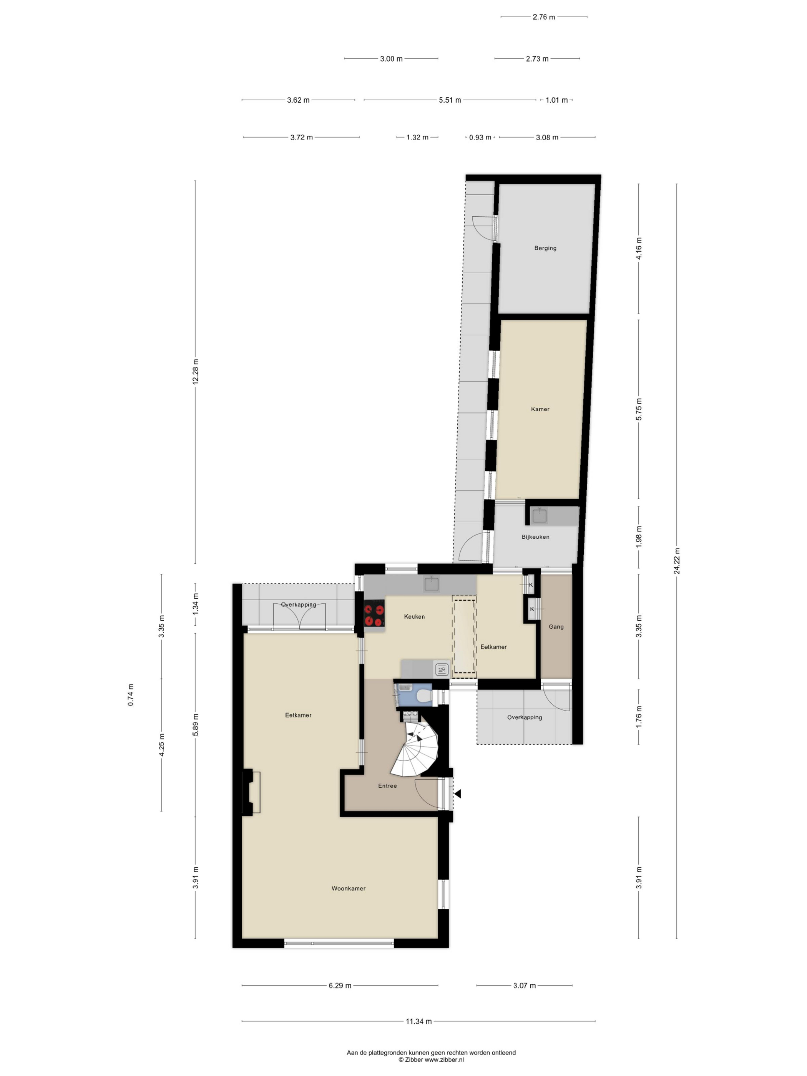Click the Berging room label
click(545, 248)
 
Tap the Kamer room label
click(540, 409)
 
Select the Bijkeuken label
click(535, 537)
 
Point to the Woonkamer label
click(348, 888)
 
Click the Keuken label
click(414, 616)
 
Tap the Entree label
click(387, 785)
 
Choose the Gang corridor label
click(556, 626)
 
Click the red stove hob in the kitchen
click(374, 614)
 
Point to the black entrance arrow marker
click(457, 794)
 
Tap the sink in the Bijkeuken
click(540, 516)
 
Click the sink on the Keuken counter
click(432, 584)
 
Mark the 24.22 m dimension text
click(677, 561)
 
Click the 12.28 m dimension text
click(196, 372)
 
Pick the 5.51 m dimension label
click(450, 100)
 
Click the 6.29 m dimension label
click(340, 986)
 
